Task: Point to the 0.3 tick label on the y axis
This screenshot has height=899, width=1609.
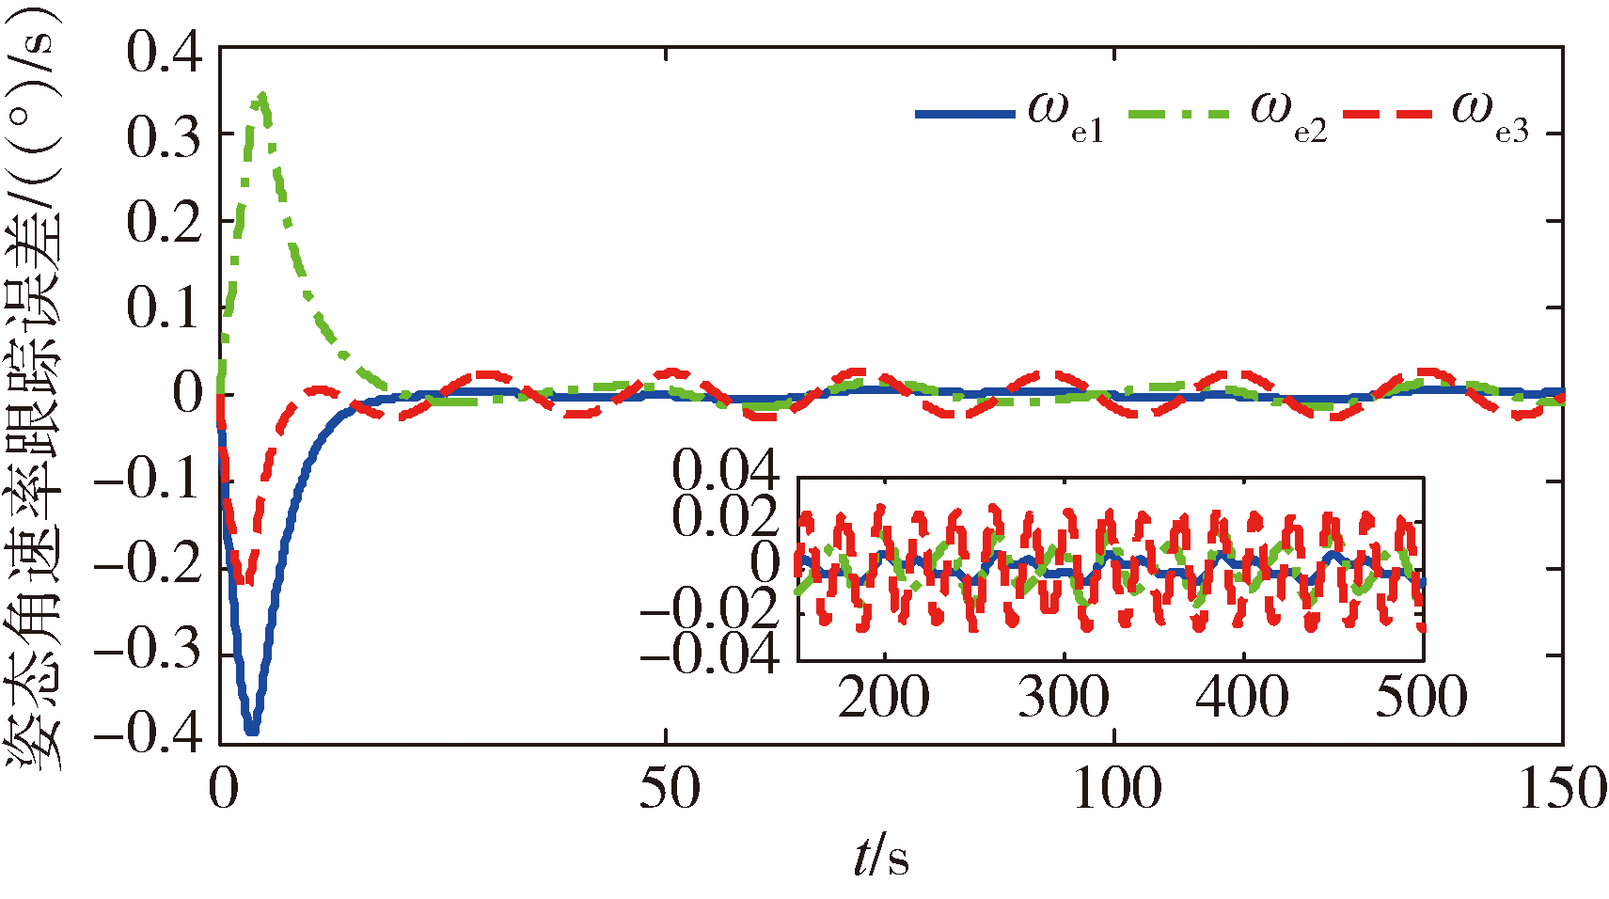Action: coord(165,137)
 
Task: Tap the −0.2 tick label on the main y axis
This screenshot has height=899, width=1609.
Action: coord(149,568)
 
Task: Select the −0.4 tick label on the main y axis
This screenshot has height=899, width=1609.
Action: coord(149,733)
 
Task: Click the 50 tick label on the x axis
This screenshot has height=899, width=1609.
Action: coord(669,790)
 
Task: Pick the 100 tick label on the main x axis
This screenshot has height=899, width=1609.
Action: coord(1116,790)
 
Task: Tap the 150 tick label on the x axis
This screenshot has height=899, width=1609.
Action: coord(1561,790)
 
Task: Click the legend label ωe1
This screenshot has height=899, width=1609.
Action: coord(1065,116)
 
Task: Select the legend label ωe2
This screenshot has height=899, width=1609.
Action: coord(1288,116)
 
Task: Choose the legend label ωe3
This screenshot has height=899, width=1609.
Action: coord(1491,116)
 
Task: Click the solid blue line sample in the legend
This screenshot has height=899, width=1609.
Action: coord(965,115)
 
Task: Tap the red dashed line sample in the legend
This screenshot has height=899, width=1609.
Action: coord(1388,115)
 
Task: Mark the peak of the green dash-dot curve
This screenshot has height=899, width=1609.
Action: coord(262,95)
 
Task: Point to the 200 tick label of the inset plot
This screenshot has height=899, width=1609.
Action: coord(883,699)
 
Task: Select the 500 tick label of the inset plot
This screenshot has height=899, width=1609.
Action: coord(1421,699)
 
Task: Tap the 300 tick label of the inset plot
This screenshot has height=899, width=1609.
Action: coord(1064,699)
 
